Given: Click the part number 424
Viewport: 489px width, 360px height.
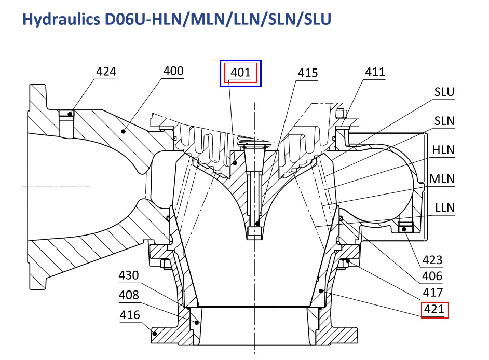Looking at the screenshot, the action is pos(106,72).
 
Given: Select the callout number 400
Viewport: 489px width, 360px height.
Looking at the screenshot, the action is pos(173,71).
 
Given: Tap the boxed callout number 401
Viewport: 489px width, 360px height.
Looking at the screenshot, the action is pos(240,73).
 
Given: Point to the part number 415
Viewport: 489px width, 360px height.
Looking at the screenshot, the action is pos(308,73).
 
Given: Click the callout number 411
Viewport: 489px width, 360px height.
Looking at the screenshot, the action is pos(375,72).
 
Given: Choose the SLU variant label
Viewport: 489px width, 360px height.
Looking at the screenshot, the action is pos(444,92).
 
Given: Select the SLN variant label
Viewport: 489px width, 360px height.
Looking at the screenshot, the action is pos(444,121).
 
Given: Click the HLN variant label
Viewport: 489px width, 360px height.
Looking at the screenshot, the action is pos(443,150).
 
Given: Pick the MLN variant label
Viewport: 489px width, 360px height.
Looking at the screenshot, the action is pos(442,179).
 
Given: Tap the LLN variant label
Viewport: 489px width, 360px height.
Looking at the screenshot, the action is pos(445,208).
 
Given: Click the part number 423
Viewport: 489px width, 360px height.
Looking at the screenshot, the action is pos(432,260).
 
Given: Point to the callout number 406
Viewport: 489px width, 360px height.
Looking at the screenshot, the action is pos(432,276).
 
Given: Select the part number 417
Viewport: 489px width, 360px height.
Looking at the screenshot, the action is pos(433,293).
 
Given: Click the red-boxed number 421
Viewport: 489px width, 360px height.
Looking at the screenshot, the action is pos(434,309).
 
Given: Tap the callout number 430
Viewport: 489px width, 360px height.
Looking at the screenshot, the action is pos(129,275).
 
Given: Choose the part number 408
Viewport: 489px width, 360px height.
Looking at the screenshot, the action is pos(129,295).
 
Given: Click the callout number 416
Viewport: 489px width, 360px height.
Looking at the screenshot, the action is pos(130,315).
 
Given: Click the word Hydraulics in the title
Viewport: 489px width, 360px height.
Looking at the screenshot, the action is pos(61,19).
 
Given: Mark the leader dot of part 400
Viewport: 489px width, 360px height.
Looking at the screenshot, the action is pos(123,132).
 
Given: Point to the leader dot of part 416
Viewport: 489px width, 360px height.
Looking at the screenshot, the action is pos(155,334).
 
